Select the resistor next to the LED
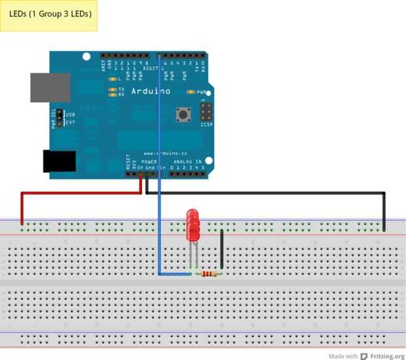(208, 274)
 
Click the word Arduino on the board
(151, 91)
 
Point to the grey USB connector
(50, 87)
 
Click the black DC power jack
(59, 161)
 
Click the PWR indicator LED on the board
(191, 92)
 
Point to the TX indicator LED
(113, 88)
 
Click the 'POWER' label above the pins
(149, 160)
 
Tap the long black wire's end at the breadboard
(384, 229)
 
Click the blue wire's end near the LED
(191, 274)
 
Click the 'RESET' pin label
(127, 162)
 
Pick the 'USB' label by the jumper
(71, 114)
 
